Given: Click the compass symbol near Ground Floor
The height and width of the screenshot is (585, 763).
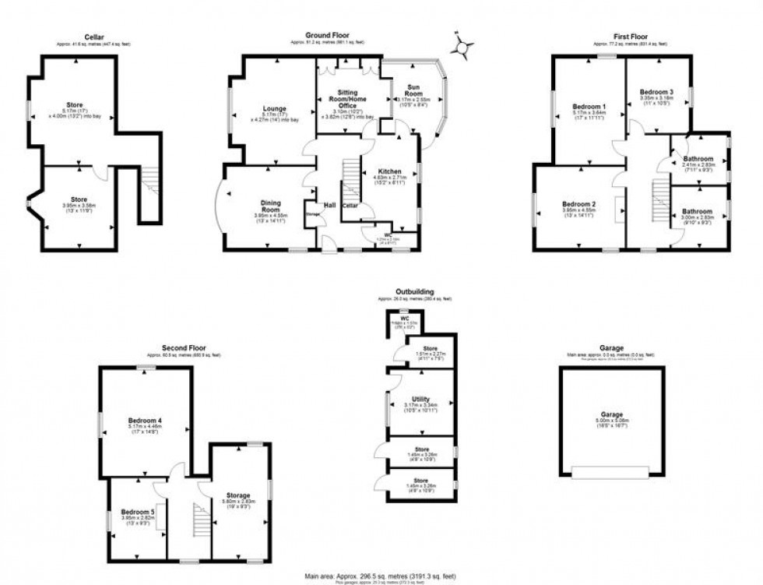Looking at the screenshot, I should point(462,48).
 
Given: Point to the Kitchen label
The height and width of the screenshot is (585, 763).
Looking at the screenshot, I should point(389,171).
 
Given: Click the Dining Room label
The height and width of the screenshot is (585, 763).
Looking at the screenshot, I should point(270,205).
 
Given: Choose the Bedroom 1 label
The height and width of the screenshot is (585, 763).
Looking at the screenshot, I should point(589,106).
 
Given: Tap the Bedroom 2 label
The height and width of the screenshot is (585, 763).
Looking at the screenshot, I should point(578,205).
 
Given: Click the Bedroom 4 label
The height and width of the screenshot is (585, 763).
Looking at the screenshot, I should point(146,421).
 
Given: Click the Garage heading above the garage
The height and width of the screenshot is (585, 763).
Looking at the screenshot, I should point(610,348).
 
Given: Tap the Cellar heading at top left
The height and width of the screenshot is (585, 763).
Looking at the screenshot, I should point(94,36).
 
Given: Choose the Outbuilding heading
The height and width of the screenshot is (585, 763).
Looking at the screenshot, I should point(415,291).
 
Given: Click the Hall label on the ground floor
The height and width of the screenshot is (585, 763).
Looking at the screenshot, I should point(330,205).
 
